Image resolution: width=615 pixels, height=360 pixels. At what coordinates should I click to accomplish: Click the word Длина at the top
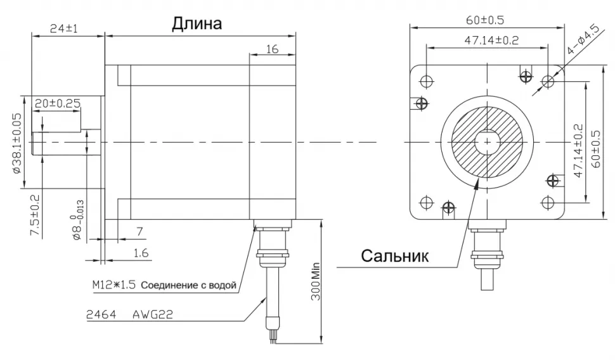click(197, 25)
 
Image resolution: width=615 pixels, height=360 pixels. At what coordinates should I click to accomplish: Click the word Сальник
click(395, 256)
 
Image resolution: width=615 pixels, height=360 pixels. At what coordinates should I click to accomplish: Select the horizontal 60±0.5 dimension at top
click(485, 20)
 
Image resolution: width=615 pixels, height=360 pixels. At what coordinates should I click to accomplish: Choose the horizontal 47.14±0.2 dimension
click(485, 41)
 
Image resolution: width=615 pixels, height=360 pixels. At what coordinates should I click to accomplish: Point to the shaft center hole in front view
click(486, 141)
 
